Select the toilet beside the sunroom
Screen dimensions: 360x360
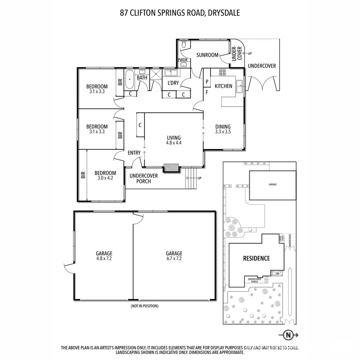pos(184,44)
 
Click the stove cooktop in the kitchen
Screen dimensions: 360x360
pos(223,72)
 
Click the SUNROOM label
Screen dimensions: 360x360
pos(207,55)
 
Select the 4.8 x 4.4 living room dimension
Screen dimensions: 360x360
pos(173,143)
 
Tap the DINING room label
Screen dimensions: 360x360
pos(223,126)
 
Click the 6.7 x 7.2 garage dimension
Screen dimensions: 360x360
pos(174,258)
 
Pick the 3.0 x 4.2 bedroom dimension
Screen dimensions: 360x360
pos(105,178)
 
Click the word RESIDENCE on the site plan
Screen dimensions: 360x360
pos(256,258)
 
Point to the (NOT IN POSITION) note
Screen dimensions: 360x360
pos(144,306)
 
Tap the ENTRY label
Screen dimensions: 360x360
pos(134,153)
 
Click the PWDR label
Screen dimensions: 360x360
pos(183,60)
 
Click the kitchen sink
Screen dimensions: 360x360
pos(240,86)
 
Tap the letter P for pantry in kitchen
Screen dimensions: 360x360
pos(207,81)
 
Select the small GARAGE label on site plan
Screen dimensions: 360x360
pos(273,184)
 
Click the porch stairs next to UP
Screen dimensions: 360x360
pos(191,178)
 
